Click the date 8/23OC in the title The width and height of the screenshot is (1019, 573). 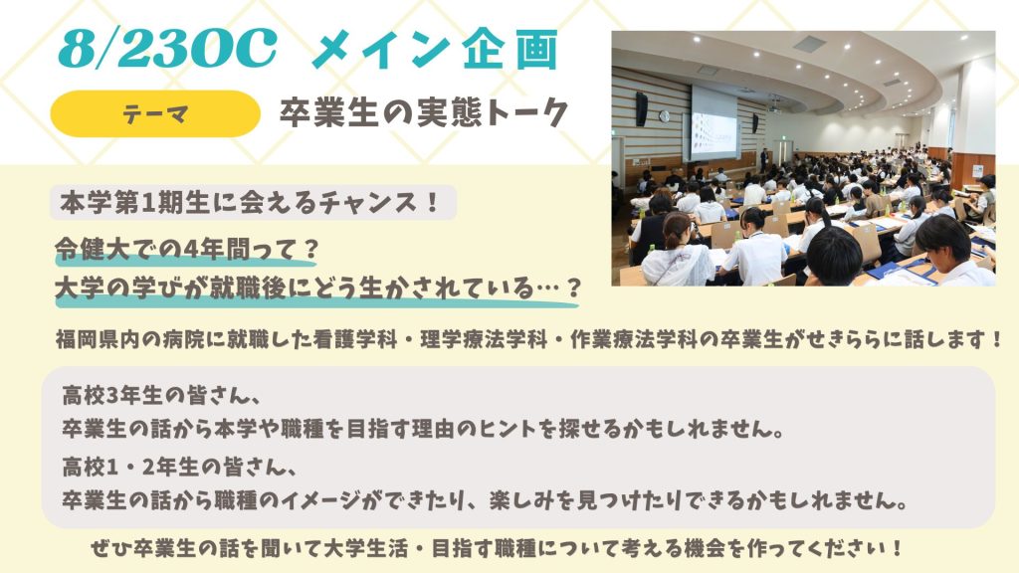click(167, 49)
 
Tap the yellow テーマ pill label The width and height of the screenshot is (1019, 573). click(155, 113)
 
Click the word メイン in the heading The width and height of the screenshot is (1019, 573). click(382, 50)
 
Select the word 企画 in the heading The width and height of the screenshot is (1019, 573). click(510, 50)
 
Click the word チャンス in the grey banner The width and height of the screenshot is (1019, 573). click(371, 203)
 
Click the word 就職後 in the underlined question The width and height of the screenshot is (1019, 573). click(248, 287)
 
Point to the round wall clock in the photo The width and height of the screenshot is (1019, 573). click(664, 116)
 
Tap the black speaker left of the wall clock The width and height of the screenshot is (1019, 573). click(642, 108)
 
